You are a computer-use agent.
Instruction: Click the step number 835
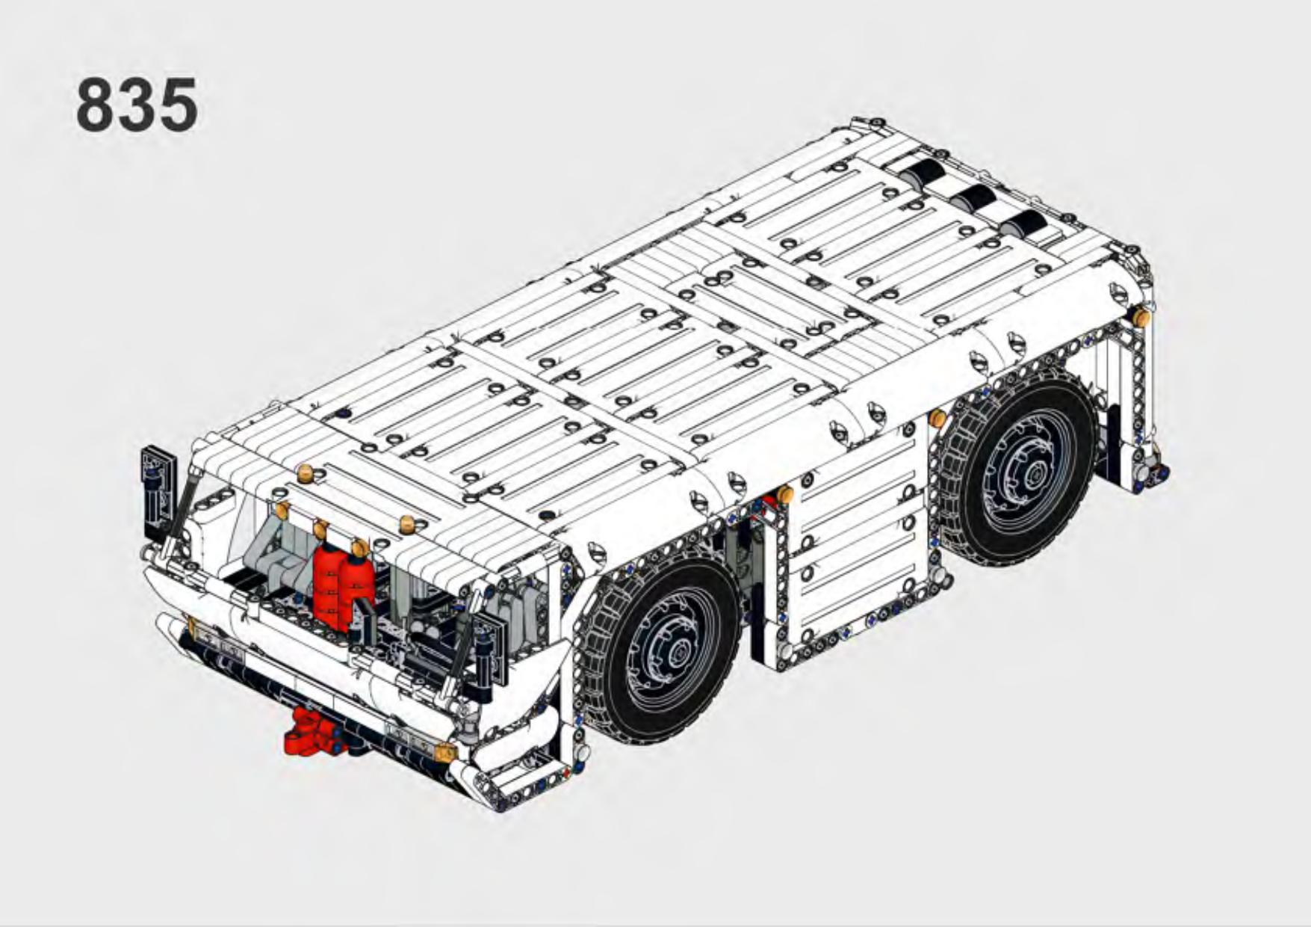tap(137, 105)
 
